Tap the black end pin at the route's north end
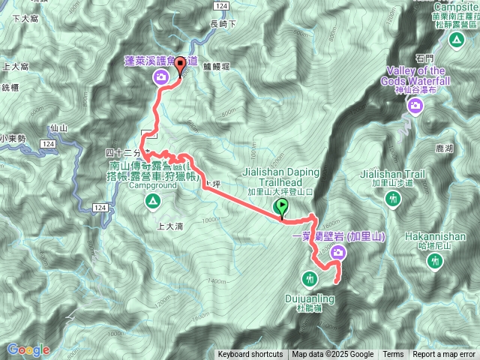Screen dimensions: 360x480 (x=180, y=67)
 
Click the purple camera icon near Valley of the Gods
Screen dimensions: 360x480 (x=415, y=108)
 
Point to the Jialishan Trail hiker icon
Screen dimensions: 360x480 (x=393, y=199)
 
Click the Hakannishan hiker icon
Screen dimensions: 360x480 (x=434, y=261)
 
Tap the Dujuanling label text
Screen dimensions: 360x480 (x=310, y=301)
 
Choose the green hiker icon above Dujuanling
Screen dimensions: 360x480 (x=309, y=280)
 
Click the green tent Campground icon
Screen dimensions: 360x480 (x=152, y=200)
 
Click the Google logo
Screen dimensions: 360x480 (x=28, y=349)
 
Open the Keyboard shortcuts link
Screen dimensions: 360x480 (x=250, y=355)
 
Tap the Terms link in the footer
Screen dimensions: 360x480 (x=393, y=355)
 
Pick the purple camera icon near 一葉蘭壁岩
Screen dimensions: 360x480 (x=337, y=253)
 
